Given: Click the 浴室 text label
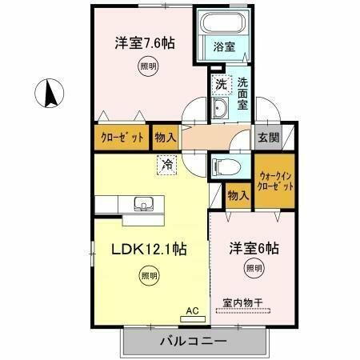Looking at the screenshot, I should click(225, 47).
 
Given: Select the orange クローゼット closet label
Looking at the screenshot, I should click(122, 138).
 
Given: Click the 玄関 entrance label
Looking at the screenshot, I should click(266, 137).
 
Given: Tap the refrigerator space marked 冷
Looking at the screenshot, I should click(167, 166).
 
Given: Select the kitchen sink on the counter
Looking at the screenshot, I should click(144, 203).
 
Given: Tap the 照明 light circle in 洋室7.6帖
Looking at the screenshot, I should click(146, 67).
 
